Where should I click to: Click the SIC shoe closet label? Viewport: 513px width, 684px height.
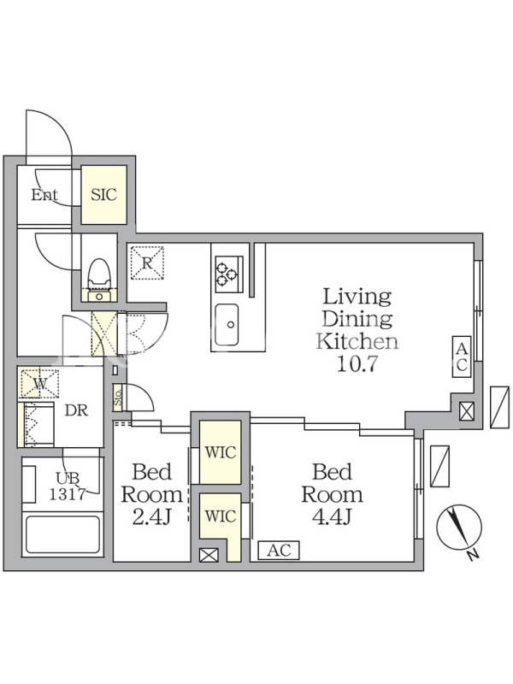[x=103, y=195]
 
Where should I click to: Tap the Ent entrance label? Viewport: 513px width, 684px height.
[x=44, y=195]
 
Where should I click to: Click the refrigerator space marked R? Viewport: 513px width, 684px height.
[x=147, y=262]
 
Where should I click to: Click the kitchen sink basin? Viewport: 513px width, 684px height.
[x=227, y=325]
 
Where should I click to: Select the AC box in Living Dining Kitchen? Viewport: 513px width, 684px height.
[x=462, y=357]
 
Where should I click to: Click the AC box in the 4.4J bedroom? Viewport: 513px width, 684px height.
[x=279, y=550]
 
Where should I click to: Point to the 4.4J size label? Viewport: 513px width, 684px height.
[x=332, y=517]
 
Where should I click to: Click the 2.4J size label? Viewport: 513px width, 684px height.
[x=151, y=517]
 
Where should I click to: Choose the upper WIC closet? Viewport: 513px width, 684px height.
[x=221, y=452]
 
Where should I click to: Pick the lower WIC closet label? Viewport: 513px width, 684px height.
[x=221, y=516]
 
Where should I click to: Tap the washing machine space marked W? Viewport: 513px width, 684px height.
[x=39, y=383]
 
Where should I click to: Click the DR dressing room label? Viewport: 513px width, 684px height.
[x=77, y=410]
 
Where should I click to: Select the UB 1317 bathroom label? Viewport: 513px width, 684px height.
[x=68, y=486]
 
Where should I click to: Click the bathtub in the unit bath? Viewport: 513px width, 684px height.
[x=62, y=535]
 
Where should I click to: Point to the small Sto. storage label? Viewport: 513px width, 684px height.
[x=118, y=397]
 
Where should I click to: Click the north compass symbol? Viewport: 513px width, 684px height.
[x=460, y=527]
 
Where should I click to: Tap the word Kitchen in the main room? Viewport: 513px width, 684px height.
[x=357, y=341]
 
